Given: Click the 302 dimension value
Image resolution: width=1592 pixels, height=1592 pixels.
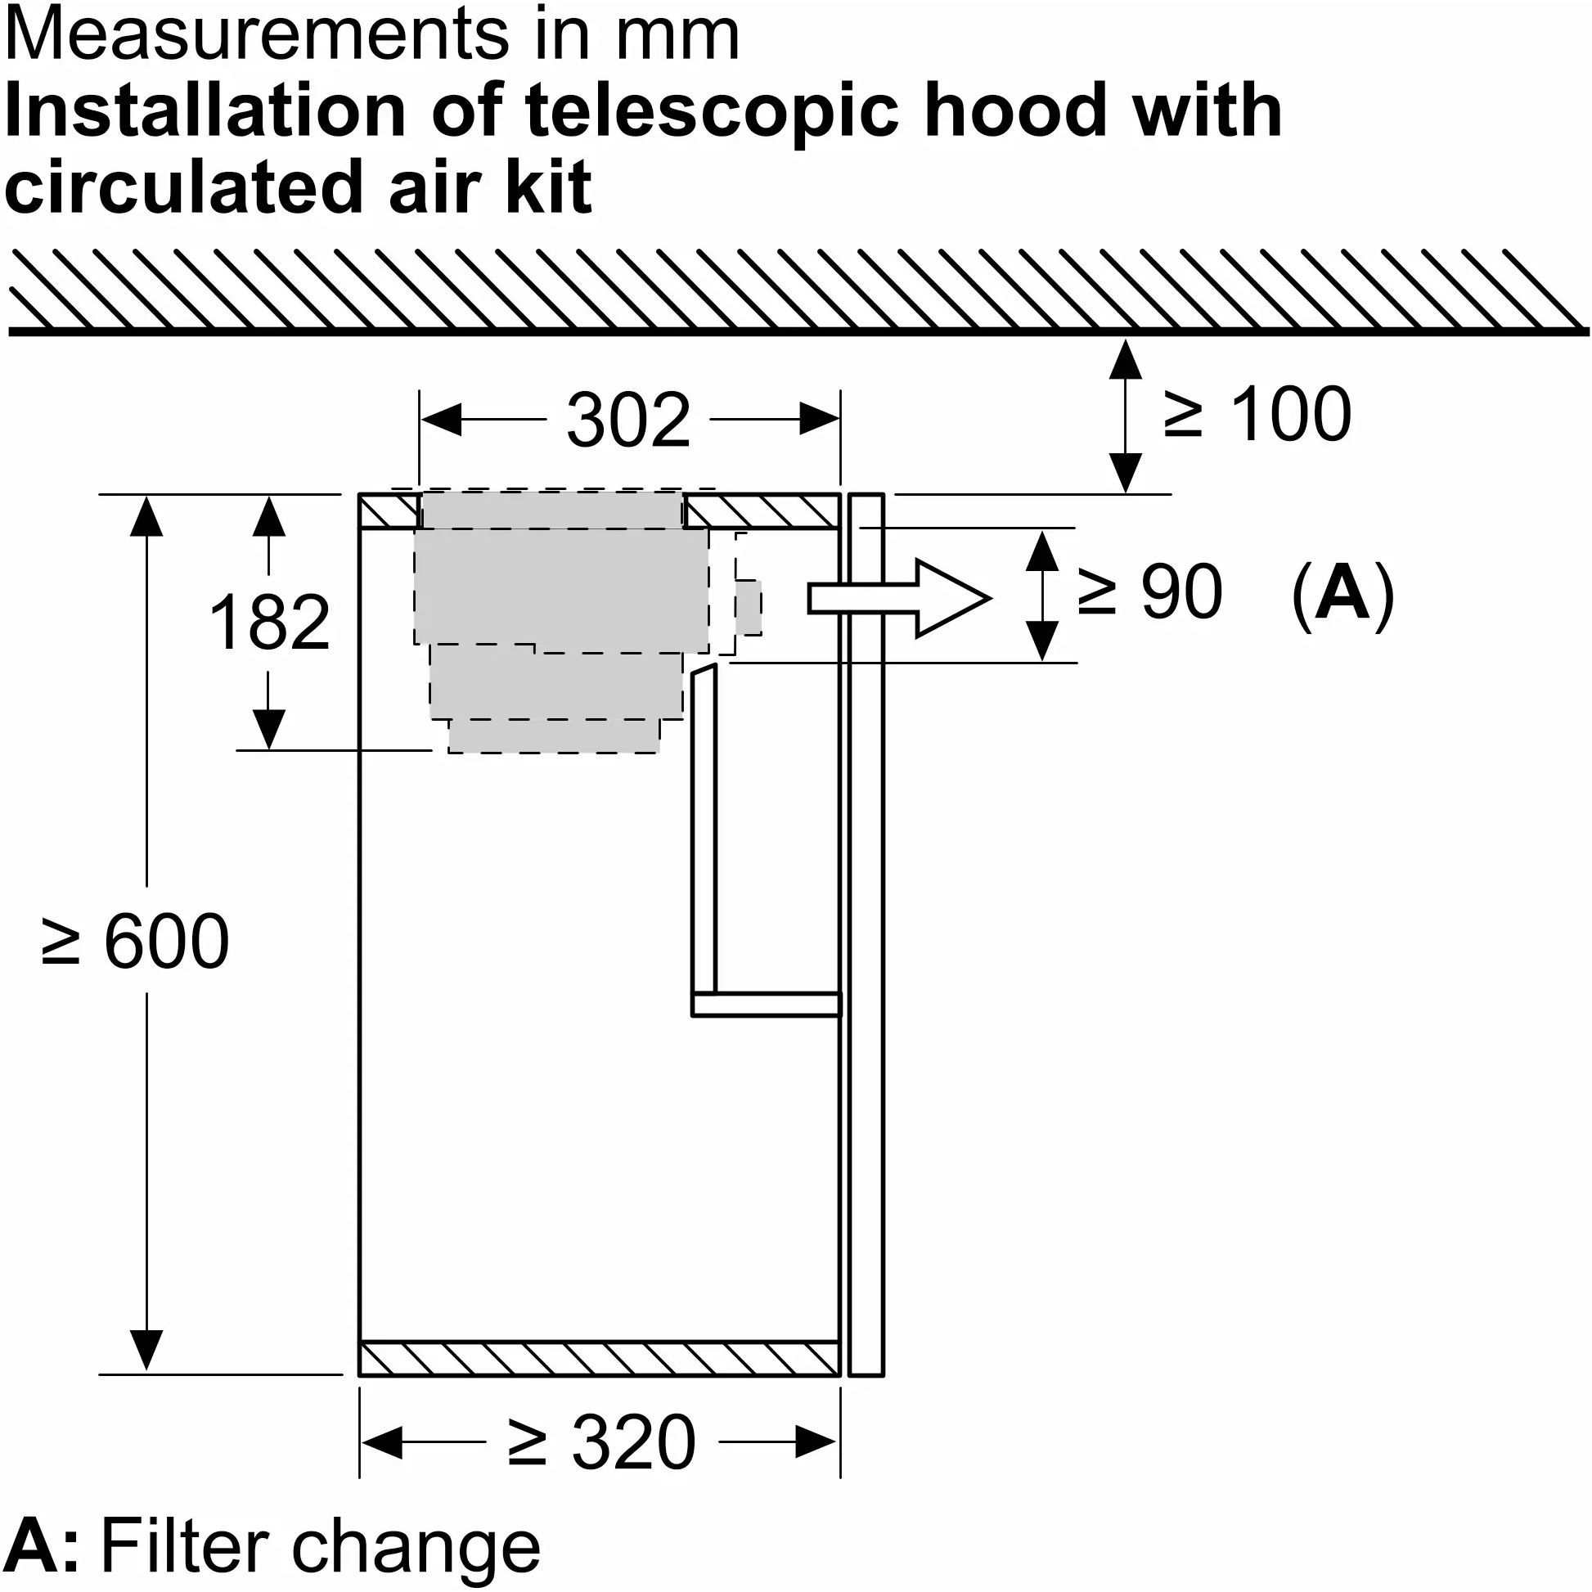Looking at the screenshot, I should [628, 421].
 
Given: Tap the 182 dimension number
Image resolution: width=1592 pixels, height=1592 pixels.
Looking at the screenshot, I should [269, 622].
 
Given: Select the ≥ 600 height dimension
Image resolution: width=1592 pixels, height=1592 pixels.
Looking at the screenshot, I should [135, 941].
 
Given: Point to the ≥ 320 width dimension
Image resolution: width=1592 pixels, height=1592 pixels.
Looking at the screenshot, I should [601, 1442].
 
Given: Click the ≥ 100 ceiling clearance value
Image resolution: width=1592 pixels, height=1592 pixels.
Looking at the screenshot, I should [1257, 414].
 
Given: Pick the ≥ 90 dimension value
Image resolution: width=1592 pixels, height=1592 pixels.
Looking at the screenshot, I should [1149, 591].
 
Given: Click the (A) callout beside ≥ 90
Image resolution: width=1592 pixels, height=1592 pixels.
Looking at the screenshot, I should [1342, 593].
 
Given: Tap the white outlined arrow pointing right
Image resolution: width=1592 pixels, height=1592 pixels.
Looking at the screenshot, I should [898, 598].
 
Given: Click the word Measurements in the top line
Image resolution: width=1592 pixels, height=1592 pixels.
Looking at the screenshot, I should [262, 34].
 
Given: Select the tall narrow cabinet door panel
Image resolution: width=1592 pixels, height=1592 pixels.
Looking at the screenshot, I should [866, 934].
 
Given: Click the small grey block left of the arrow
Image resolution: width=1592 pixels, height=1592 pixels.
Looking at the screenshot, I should [749, 606].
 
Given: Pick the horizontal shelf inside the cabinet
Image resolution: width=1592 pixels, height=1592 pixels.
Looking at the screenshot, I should [766, 1005].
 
